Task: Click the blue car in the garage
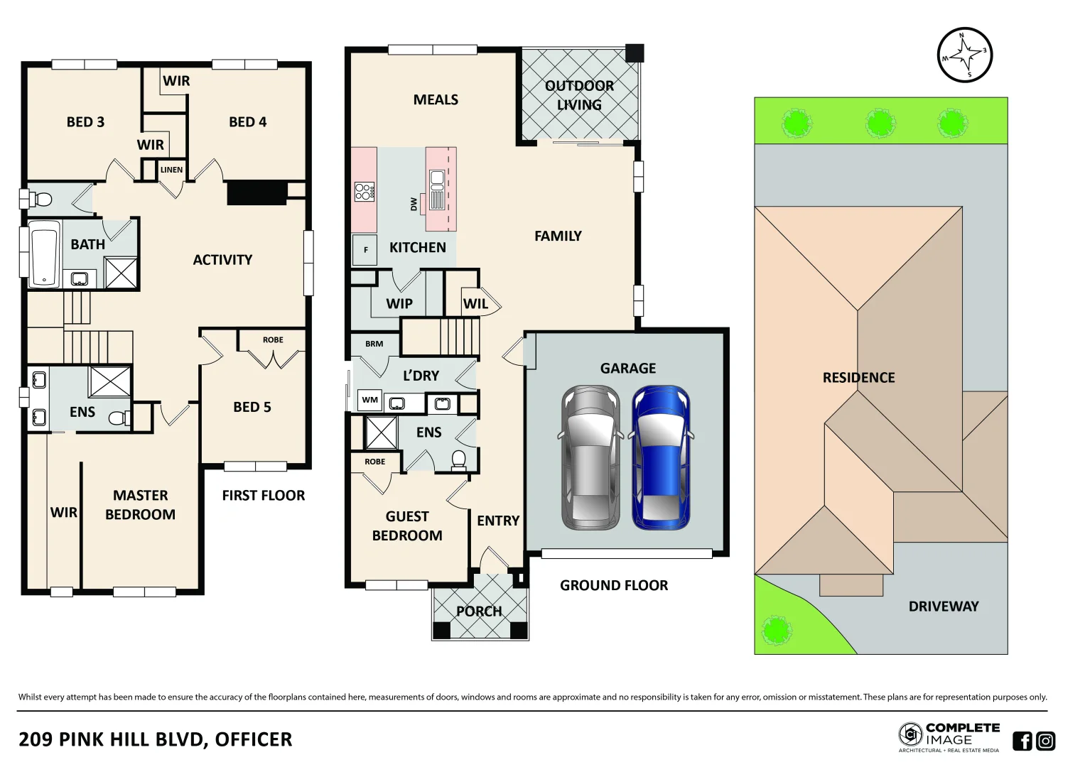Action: coord(661,458)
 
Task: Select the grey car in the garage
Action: coord(590,458)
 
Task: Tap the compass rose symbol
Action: coord(964,55)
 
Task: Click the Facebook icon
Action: coord(1022,741)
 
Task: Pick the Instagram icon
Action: coord(1046,741)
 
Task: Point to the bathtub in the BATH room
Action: coord(44,254)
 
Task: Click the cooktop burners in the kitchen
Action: coord(364,192)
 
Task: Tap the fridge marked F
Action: coord(365,250)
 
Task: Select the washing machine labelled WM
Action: coord(369,400)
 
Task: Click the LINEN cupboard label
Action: coord(171,170)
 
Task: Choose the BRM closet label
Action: coord(374,344)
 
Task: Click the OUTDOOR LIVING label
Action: coord(579,95)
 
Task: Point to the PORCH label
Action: coord(479,611)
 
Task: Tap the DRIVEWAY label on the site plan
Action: coord(943,606)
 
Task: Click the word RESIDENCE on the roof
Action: coord(858,378)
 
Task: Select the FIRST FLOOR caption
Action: coord(263,496)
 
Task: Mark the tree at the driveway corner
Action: coord(776,629)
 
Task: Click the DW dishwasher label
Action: coord(414,205)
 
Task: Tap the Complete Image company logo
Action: coord(949,736)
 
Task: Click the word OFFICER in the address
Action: coord(253,740)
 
